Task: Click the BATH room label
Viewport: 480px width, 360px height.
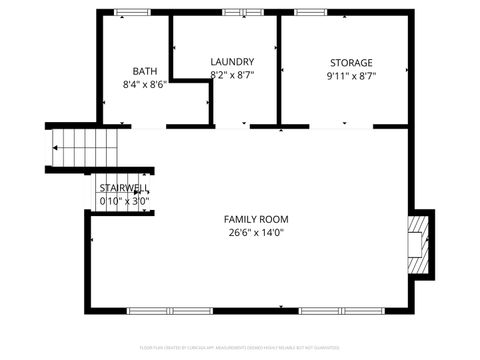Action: coord(145,71)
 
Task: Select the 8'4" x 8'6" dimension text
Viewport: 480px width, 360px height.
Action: coord(145,85)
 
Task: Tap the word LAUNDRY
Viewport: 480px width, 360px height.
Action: coord(231,61)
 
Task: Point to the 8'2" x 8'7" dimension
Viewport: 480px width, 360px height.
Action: coord(231,75)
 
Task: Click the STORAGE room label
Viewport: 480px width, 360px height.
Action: coord(351,61)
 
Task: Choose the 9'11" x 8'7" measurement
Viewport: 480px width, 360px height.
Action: coord(351,75)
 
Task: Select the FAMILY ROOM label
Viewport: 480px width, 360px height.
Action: coord(255,219)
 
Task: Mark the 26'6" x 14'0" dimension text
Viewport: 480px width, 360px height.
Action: coord(255,233)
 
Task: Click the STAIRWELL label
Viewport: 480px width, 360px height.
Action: coord(124,188)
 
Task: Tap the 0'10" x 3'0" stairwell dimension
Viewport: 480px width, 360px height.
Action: coord(124,201)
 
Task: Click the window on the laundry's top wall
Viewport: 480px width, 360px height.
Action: coord(237,12)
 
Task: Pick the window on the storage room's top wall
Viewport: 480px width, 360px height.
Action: coord(310,12)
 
